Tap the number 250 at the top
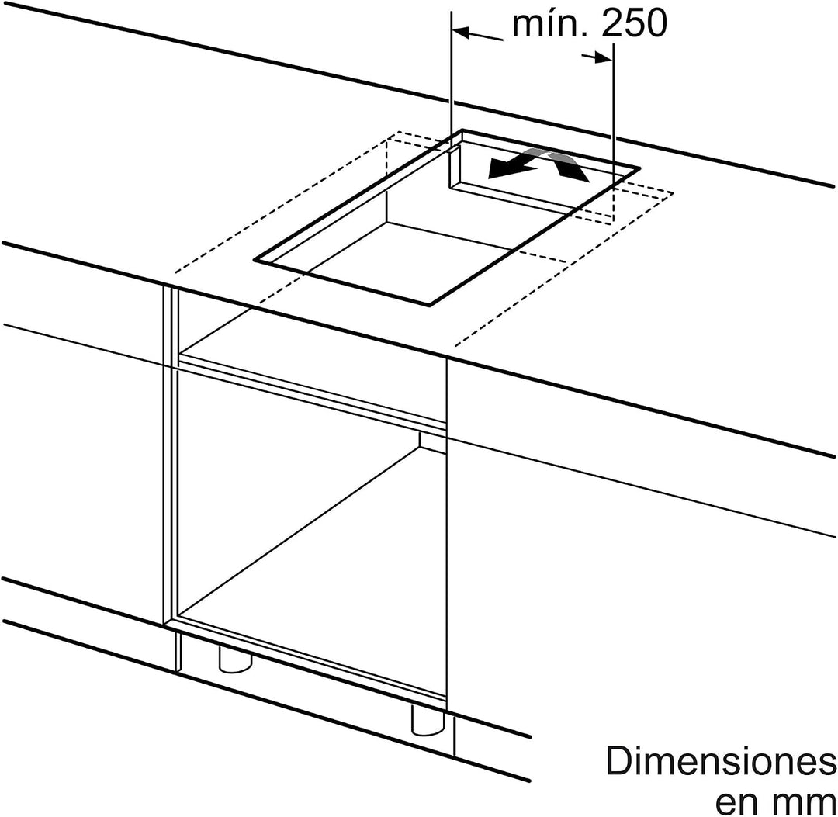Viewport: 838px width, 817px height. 634,23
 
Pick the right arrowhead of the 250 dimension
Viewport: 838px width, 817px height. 604,57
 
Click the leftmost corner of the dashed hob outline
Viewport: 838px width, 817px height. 175,272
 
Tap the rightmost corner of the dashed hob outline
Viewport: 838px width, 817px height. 672,192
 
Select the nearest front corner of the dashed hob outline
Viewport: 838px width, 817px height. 454,345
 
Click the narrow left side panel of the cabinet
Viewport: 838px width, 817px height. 171,454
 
